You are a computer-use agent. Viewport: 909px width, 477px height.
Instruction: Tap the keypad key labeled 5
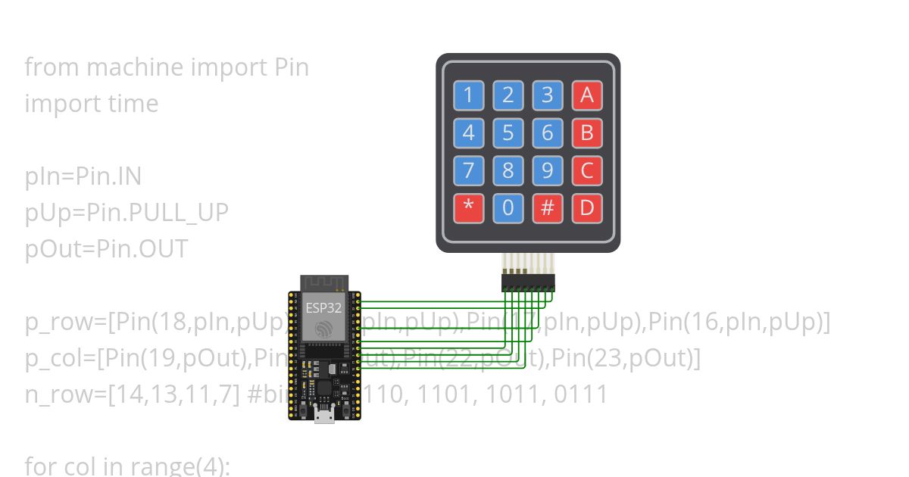click(x=508, y=133)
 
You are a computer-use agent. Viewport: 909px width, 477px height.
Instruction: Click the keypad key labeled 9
click(x=547, y=170)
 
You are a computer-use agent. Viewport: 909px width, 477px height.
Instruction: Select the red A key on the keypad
click(x=586, y=96)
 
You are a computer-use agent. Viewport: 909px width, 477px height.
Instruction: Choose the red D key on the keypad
click(x=586, y=208)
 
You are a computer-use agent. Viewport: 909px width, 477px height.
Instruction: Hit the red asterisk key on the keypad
click(x=468, y=208)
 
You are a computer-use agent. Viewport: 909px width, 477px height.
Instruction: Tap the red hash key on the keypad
click(x=547, y=208)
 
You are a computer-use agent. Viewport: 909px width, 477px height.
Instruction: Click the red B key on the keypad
click(x=586, y=133)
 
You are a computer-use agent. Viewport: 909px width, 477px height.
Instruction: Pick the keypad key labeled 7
click(x=468, y=170)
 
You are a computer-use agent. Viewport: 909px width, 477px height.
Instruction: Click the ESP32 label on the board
click(x=323, y=308)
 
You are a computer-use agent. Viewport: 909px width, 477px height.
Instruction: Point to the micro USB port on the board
click(x=325, y=415)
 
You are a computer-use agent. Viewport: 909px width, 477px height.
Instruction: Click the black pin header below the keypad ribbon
click(x=528, y=282)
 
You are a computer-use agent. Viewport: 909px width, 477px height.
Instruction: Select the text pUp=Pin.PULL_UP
click(x=126, y=213)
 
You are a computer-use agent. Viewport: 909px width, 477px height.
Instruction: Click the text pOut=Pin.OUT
click(x=106, y=249)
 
